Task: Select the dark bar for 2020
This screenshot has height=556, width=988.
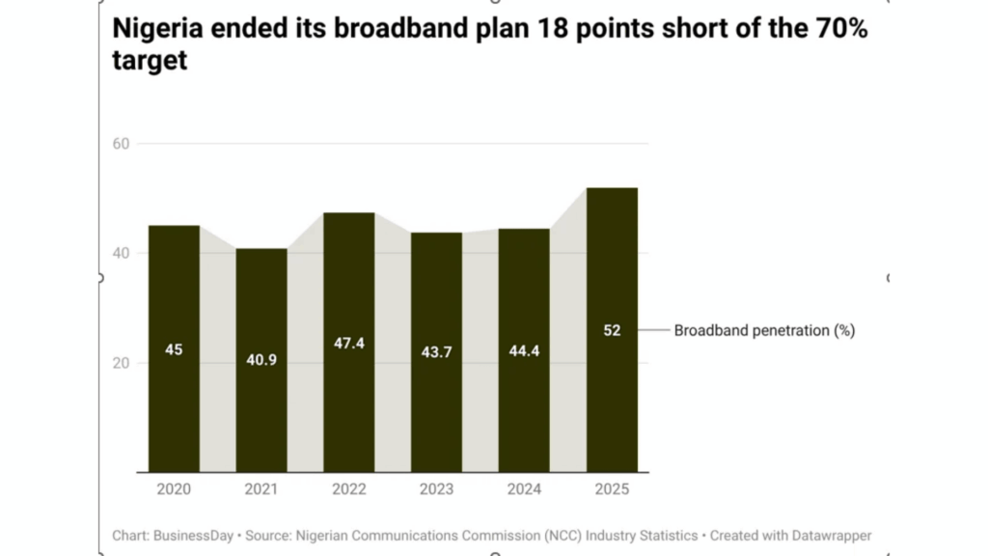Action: click(174, 348)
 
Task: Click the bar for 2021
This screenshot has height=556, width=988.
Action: click(261, 360)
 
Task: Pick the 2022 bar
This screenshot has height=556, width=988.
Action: click(349, 343)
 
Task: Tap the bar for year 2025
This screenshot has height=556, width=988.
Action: click(612, 330)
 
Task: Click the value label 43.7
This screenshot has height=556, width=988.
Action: click(437, 351)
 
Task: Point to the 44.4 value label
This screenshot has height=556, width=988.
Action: click(524, 350)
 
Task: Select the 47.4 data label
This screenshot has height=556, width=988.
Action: click(349, 343)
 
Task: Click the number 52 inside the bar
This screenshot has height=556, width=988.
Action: click(612, 330)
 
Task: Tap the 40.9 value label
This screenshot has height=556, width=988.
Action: click(261, 359)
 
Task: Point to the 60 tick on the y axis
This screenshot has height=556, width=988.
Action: click(121, 144)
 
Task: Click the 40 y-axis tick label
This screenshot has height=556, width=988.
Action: click(121, 254)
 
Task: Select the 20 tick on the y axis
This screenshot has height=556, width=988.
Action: click(121, 363)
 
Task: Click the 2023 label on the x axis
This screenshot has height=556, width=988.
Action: click(437, 489)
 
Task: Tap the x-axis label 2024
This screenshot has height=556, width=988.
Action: click(524, 489)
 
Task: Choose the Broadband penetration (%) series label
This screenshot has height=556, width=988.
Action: click(764, 330)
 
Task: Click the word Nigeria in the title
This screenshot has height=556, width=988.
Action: click(157, 29)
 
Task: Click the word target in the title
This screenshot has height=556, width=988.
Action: click(150, 61)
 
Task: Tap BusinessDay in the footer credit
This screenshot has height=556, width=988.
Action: click(193, 536)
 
